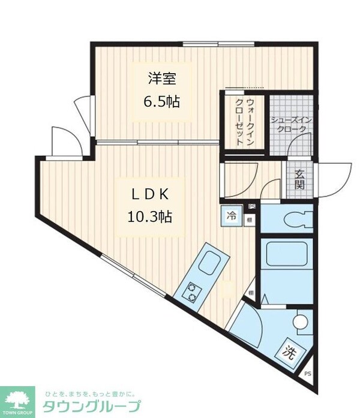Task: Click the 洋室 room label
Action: [161, 78]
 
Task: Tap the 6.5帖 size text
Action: [161, 101]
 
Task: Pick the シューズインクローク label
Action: [292, 124]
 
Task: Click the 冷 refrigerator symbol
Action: [231, 215]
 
